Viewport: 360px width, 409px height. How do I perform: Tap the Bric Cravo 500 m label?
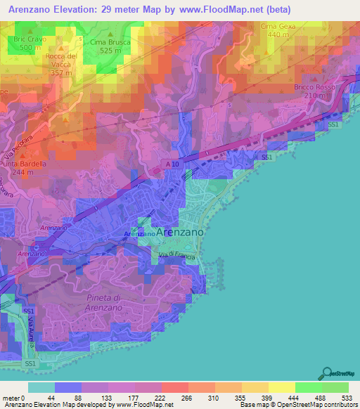[28, 43]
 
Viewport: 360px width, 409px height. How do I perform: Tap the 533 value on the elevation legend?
[347, 398]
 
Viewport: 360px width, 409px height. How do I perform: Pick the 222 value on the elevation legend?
[161, 398]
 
